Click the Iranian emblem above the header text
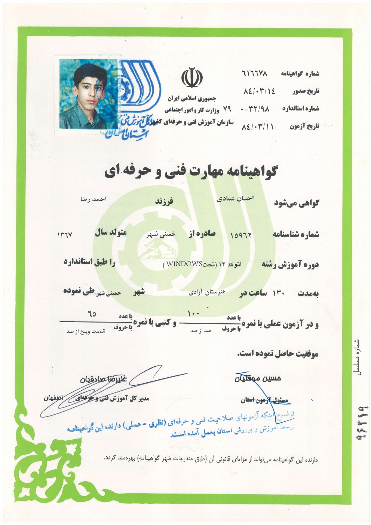click(x=191, y=78)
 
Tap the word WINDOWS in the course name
click(x=184, y=264)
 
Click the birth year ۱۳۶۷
click(x=64, y=235)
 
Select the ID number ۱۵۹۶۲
click(x=241, y=235)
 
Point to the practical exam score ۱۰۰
click(x=193, y=314)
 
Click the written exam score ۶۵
click(x=92, y=314)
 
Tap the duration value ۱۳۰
click(x=279, y=293)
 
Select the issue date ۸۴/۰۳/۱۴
click(x=259, y=91)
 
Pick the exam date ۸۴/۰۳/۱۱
click(x=258, y=126)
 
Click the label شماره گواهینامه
click(x=300, y=74)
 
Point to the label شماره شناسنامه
click(x=295, y=235)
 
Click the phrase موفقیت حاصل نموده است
click(x=277, y=354)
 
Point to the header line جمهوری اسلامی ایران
click(x=192, y=99)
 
